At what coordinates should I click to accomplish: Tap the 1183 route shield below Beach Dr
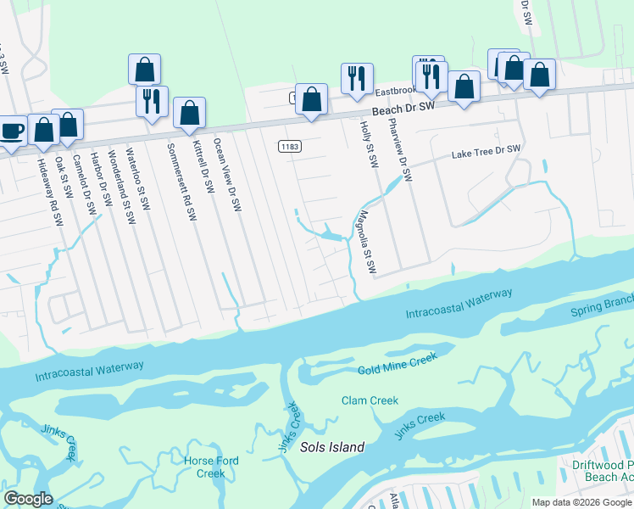(x=289, y=147)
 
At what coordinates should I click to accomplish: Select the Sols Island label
(x=332, y=447)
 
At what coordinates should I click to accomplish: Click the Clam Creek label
(x=370, y=400)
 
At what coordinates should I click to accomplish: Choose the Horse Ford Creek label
(x=211, y=467)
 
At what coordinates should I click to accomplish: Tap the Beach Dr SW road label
(x=403, y=109)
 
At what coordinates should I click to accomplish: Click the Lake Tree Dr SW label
(x=486, y=153)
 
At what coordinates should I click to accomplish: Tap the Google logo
(x=28, y=499)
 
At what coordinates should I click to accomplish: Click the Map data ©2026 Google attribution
(x=581, y=502)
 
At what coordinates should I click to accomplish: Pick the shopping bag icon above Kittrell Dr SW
(x=189, y=112)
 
